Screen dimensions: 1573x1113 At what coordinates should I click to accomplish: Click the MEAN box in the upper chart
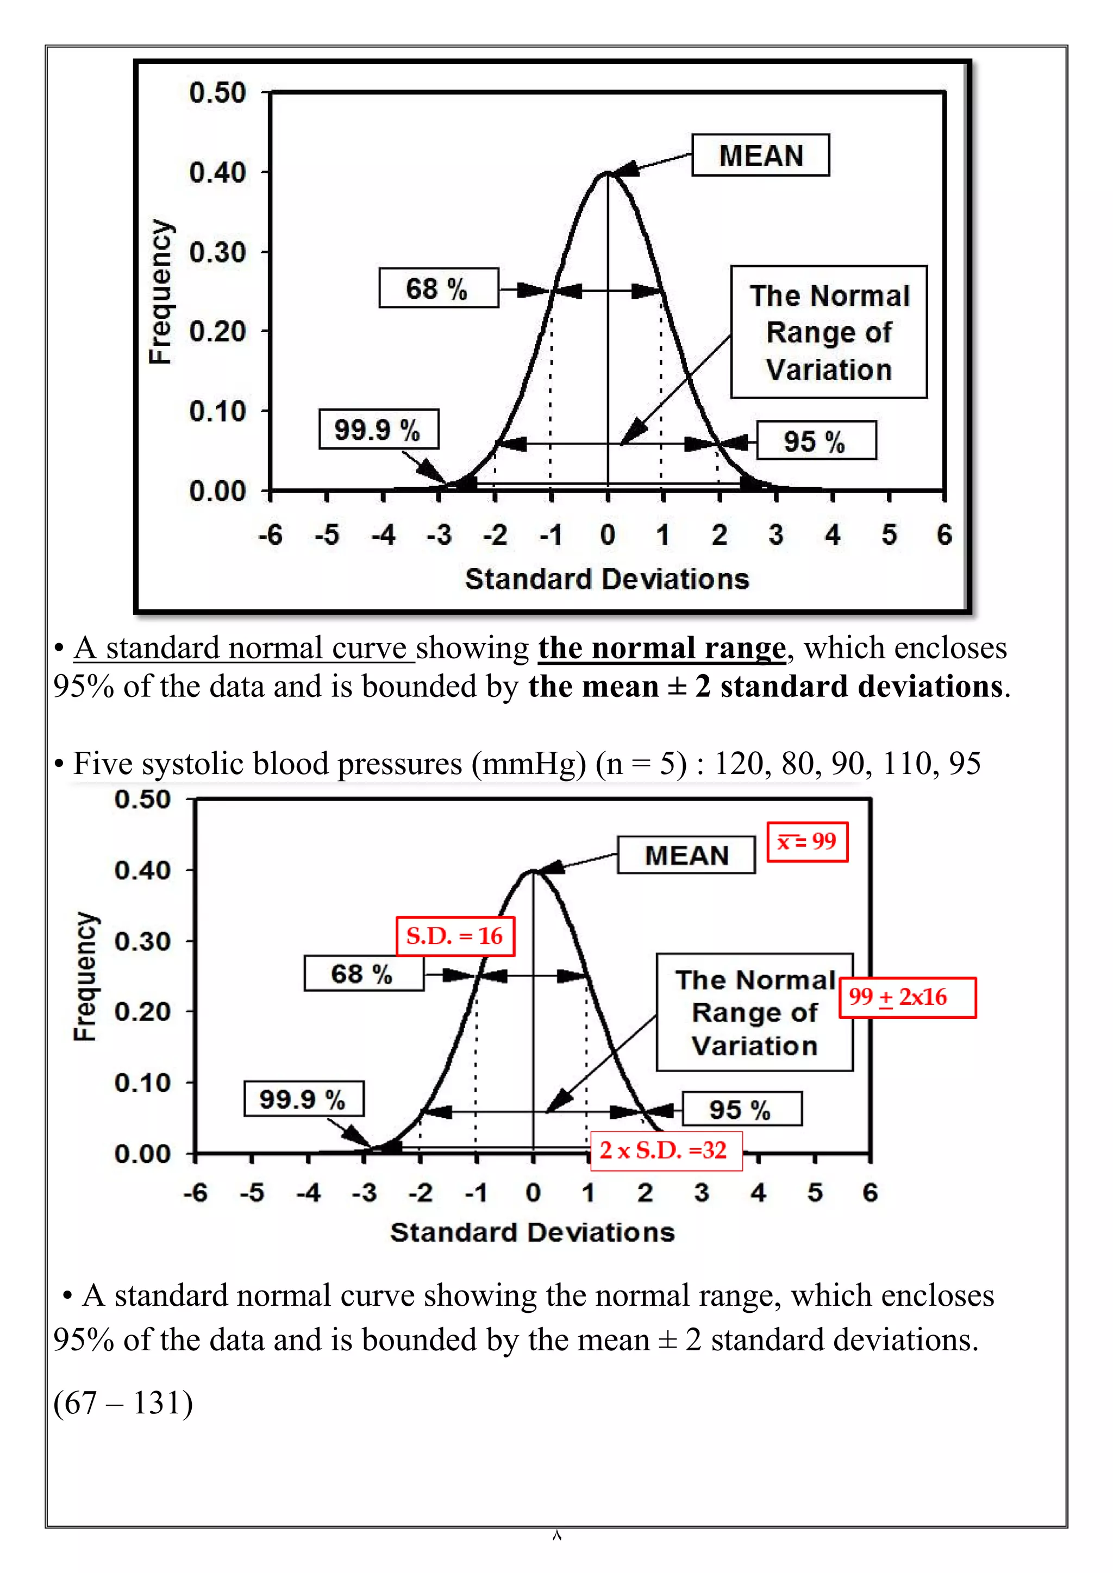tap(760, 155)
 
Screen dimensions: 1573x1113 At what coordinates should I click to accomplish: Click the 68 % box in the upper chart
tap(438, 288)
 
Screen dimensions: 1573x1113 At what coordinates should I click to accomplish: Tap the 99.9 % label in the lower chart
tap(303, 1099)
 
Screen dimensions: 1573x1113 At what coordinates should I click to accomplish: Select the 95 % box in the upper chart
tap(816, 441)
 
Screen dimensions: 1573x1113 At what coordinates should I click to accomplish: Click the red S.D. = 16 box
tap(455, 936)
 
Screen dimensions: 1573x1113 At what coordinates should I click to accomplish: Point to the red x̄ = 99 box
tap(806, 841)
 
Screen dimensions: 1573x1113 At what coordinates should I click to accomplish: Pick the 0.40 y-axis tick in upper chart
tap(217, 173)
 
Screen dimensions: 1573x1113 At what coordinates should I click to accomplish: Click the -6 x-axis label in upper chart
tap(271, 535)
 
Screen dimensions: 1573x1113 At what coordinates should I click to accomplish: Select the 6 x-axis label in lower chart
tap(870, 1193)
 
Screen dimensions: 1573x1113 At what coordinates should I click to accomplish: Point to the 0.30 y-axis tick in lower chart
tap(142, 941)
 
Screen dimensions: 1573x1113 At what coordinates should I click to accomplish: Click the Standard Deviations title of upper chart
tap(606, 580)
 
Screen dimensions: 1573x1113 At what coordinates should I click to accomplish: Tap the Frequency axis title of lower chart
tap(86, 976)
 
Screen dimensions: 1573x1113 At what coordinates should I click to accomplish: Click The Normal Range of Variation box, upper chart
tap(829, 332)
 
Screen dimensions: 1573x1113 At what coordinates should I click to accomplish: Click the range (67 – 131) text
tap(123, 1402)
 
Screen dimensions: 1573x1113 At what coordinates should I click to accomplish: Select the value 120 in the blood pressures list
tap(739, 763)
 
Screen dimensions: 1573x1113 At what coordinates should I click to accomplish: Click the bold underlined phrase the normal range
tap(661, 648)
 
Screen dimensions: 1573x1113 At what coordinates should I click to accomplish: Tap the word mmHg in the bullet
tap(528, 763)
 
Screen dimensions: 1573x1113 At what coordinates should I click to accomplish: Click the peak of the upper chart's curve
tap(607, 173)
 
